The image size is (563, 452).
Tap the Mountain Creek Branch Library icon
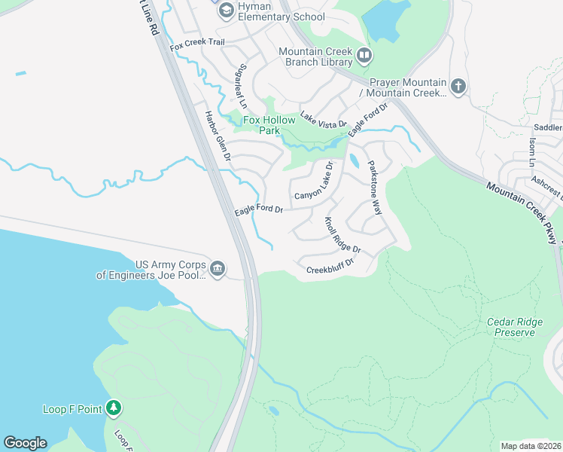tap(364, 55)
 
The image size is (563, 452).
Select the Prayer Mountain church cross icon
tap(458, 87)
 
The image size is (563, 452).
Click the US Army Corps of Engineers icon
tap(218, 269)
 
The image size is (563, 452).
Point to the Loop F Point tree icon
tap(114, 408)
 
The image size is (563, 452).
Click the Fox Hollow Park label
tap(261, 124)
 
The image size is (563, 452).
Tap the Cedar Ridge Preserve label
tap(515, 327)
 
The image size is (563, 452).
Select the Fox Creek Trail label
tap(198, 46)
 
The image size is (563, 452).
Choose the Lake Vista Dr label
tap(323, 118)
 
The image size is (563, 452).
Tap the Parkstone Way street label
tap(374, 188)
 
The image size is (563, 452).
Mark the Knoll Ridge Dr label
tap(342, 235)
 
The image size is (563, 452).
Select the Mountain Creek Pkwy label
tap(522, 212)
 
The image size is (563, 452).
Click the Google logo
tap(25, 443)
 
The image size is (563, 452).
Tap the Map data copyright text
tap(531, 446)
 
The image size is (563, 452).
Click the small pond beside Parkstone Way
tap(354, 160)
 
